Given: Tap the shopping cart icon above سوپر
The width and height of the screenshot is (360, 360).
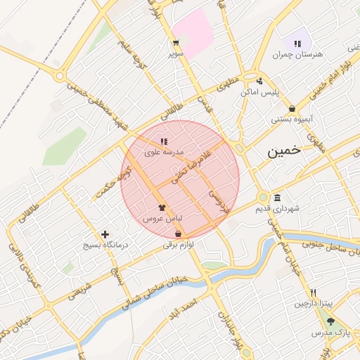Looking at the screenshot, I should pyautogui.click(x=174, y=43).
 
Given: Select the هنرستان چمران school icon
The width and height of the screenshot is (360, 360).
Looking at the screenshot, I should pyautogui.click(x=297, y=44).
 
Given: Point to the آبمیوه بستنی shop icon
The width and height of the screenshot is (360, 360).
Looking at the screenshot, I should pyautogui.click(x=292, y=108).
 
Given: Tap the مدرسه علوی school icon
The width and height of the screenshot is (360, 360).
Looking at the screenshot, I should pyautogui.click(x=164, y=141).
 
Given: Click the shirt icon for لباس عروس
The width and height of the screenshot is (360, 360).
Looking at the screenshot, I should pyautogui.click(x=163, y=208).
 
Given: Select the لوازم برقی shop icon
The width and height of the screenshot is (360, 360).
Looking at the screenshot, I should pyautogui.click(x=178, y=233).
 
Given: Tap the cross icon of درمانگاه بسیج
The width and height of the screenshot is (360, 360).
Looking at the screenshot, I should pyautogui.click(x=105, y=233).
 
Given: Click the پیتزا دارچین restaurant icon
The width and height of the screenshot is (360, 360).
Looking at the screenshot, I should pyautogui.click(x=313, y=292).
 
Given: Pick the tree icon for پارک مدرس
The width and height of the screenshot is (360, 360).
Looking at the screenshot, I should pyautogui.click(x=331, y=321).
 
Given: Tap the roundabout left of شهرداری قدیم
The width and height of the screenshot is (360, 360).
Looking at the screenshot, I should pyautogui.click(x=263, y=198).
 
